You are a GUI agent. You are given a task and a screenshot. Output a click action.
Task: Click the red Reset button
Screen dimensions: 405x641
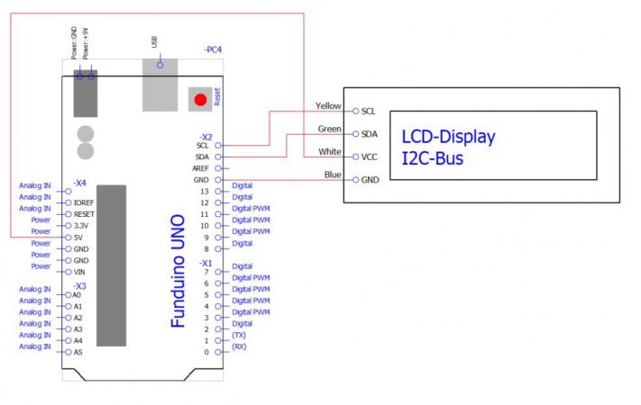200,99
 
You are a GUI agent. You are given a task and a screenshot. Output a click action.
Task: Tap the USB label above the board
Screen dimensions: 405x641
155,43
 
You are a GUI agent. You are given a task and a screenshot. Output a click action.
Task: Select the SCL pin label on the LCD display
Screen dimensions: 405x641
369,112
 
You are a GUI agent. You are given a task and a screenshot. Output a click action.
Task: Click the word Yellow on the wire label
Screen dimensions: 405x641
328,106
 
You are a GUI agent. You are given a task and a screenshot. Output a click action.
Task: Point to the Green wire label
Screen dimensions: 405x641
329,129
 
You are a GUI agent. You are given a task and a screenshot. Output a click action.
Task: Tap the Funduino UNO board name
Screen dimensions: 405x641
179,271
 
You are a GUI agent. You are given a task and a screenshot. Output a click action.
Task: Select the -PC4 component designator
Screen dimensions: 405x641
213,49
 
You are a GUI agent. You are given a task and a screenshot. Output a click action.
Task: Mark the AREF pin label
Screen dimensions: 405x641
200,168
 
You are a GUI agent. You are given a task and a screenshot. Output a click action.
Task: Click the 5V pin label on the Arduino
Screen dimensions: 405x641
79,238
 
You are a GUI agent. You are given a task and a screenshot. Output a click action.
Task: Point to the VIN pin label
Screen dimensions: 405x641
80,272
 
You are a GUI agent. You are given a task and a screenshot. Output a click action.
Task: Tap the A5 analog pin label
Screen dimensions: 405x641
78,352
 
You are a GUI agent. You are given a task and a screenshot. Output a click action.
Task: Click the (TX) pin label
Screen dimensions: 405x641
239,335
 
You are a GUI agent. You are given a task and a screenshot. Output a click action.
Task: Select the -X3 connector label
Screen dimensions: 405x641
79,284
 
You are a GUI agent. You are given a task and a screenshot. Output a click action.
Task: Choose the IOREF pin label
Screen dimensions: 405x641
85,203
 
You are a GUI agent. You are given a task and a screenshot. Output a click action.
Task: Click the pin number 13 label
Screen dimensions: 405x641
204,192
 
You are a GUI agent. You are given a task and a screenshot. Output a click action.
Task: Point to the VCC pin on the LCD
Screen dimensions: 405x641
370,157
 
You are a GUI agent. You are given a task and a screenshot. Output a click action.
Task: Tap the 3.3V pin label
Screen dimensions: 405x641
82,226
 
